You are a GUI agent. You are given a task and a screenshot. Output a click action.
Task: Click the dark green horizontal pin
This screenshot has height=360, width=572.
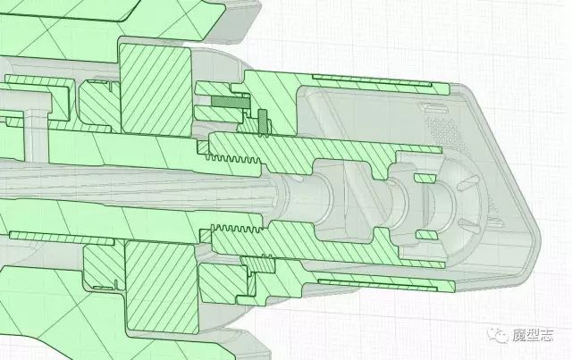231,102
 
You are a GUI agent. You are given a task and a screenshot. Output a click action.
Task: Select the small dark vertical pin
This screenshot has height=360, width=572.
263,122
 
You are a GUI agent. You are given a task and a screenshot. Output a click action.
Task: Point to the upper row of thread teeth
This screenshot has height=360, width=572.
233,159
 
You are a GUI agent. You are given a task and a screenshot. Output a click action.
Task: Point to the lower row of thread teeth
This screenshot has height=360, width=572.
237,229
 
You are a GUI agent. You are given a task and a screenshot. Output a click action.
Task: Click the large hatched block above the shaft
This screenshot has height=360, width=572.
156,88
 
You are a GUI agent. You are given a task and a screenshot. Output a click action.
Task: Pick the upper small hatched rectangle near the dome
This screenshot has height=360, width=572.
425,179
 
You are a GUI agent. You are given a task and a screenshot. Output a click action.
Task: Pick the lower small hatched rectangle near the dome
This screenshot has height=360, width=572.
427,235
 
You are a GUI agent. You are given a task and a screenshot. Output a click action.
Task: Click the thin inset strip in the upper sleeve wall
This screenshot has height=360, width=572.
372,81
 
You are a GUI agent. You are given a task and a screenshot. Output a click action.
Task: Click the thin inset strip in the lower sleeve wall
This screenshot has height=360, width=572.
377,285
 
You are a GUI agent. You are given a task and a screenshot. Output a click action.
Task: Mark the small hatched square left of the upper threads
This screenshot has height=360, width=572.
203,147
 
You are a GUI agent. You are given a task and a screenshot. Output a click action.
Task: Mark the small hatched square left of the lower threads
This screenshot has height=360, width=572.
206,236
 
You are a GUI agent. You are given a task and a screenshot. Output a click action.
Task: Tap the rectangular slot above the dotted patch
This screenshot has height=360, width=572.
435,108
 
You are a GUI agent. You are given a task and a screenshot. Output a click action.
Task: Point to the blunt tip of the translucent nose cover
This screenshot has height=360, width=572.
536,233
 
